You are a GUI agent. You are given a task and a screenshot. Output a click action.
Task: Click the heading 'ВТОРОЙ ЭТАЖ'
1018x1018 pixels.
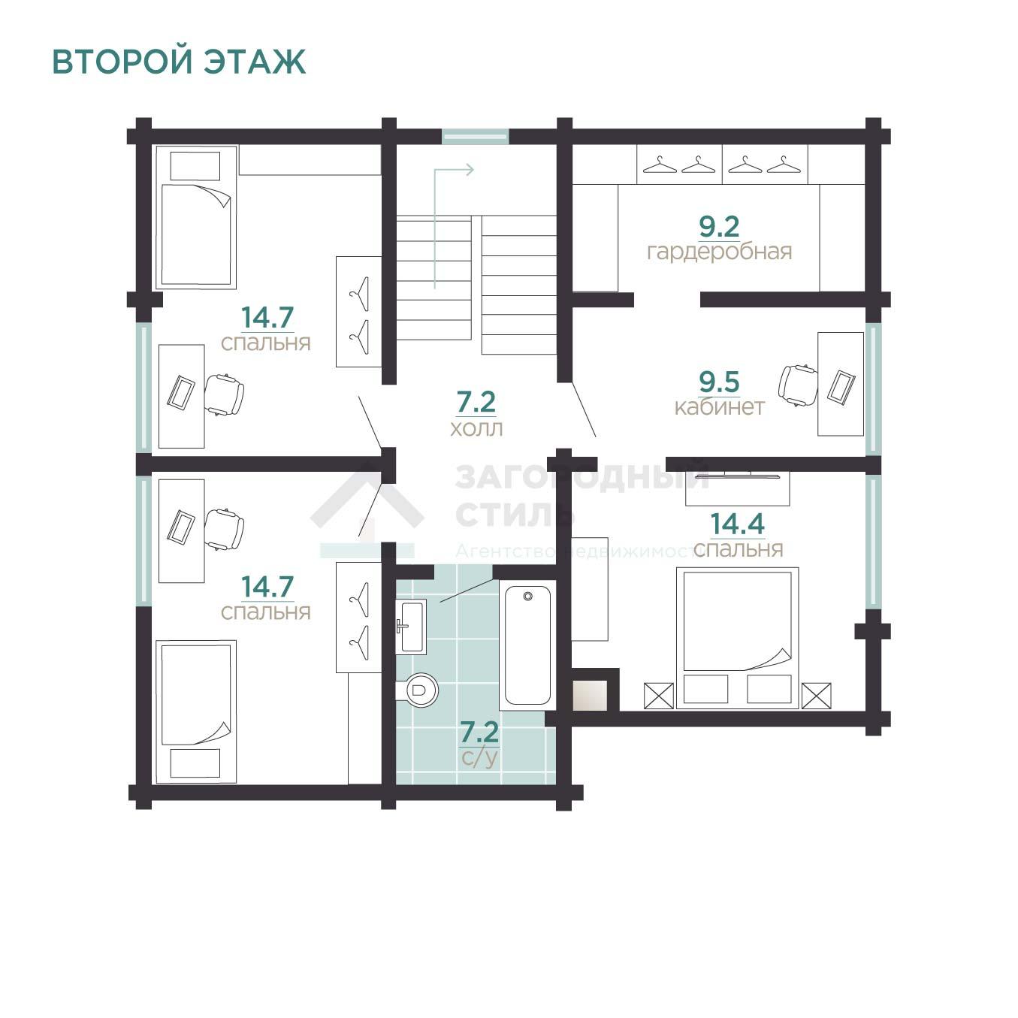[179, 62]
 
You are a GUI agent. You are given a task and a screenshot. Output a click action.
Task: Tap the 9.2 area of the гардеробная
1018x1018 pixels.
[719, 227]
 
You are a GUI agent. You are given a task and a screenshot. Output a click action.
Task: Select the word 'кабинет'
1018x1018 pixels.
[720, 406]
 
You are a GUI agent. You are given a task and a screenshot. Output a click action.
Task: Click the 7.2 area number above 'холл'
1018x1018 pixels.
[476, 402]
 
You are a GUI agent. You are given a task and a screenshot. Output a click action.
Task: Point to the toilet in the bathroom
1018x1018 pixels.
[418, 689]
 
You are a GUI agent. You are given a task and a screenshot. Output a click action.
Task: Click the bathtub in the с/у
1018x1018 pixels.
[527, 645]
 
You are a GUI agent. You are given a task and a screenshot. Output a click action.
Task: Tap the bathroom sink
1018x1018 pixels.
[411, 627]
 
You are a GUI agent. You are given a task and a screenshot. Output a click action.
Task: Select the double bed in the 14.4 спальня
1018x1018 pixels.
[738, 638]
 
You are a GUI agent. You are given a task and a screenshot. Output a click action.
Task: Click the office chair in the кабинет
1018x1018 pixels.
[798, 385]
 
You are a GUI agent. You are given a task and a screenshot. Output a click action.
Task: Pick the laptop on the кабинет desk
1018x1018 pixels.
[841, 387]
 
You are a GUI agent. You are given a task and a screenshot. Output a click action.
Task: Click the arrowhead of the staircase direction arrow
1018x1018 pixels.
[469, 170]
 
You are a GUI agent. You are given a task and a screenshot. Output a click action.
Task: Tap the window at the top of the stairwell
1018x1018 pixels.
[475, 137]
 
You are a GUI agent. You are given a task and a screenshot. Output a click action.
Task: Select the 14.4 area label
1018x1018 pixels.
[738, 524]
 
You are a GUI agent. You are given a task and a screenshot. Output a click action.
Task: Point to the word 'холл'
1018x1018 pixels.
[476, 428]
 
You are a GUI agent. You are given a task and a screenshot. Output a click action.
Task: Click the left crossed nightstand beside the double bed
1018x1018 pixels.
[659, 696]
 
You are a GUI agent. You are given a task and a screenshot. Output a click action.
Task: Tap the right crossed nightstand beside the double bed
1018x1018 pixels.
[816, 696]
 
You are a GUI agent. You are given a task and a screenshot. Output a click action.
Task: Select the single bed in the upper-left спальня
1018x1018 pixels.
[195, 218]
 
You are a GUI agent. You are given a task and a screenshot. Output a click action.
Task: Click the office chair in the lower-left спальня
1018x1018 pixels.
[224, 530]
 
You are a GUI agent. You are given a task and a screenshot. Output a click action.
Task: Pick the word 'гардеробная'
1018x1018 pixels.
[720, 252]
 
